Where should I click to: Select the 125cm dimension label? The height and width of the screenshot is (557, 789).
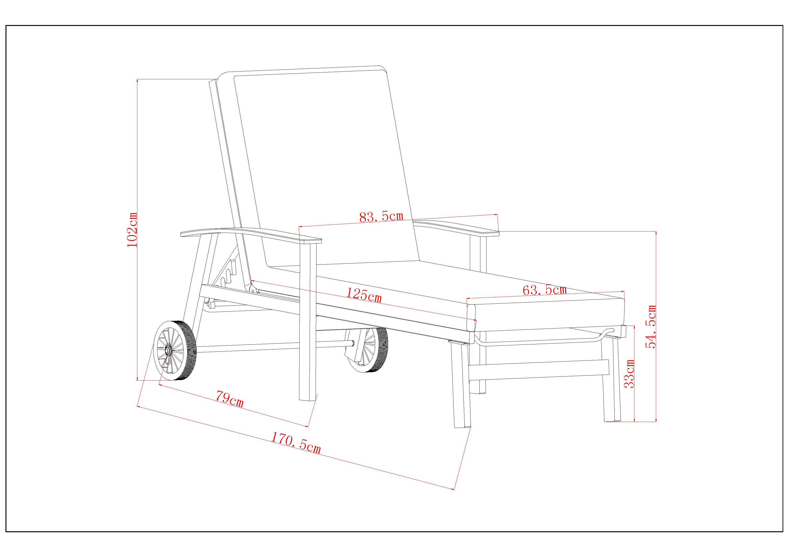364,295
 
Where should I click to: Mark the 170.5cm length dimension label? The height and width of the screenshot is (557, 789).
296,442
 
